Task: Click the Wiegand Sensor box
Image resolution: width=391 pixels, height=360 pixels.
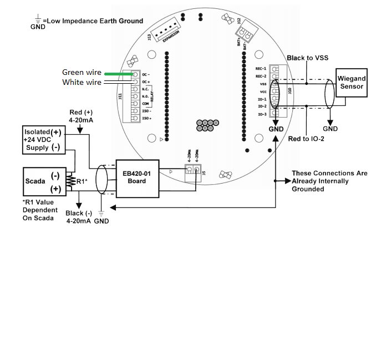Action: [351, 83]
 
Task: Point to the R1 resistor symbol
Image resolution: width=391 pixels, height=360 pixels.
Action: [70, 181]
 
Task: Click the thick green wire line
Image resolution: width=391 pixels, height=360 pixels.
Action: [118, 73]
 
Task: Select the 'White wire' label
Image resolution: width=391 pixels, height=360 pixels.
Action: [82, 82]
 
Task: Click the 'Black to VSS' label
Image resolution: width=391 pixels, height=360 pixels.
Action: [308, 58]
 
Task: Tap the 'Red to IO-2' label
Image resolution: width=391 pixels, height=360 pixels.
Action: [306, 139]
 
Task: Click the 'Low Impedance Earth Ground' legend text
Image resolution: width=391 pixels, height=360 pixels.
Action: [94, 21]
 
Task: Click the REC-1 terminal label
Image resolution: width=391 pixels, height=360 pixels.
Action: [261, 68]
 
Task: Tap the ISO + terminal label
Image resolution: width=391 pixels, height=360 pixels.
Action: [147, 118]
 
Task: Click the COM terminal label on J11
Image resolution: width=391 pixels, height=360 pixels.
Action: [145, 103]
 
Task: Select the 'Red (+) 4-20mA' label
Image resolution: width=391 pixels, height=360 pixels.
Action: [82, 115]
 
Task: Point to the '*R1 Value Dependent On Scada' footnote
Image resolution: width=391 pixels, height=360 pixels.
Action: [40, 210]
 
